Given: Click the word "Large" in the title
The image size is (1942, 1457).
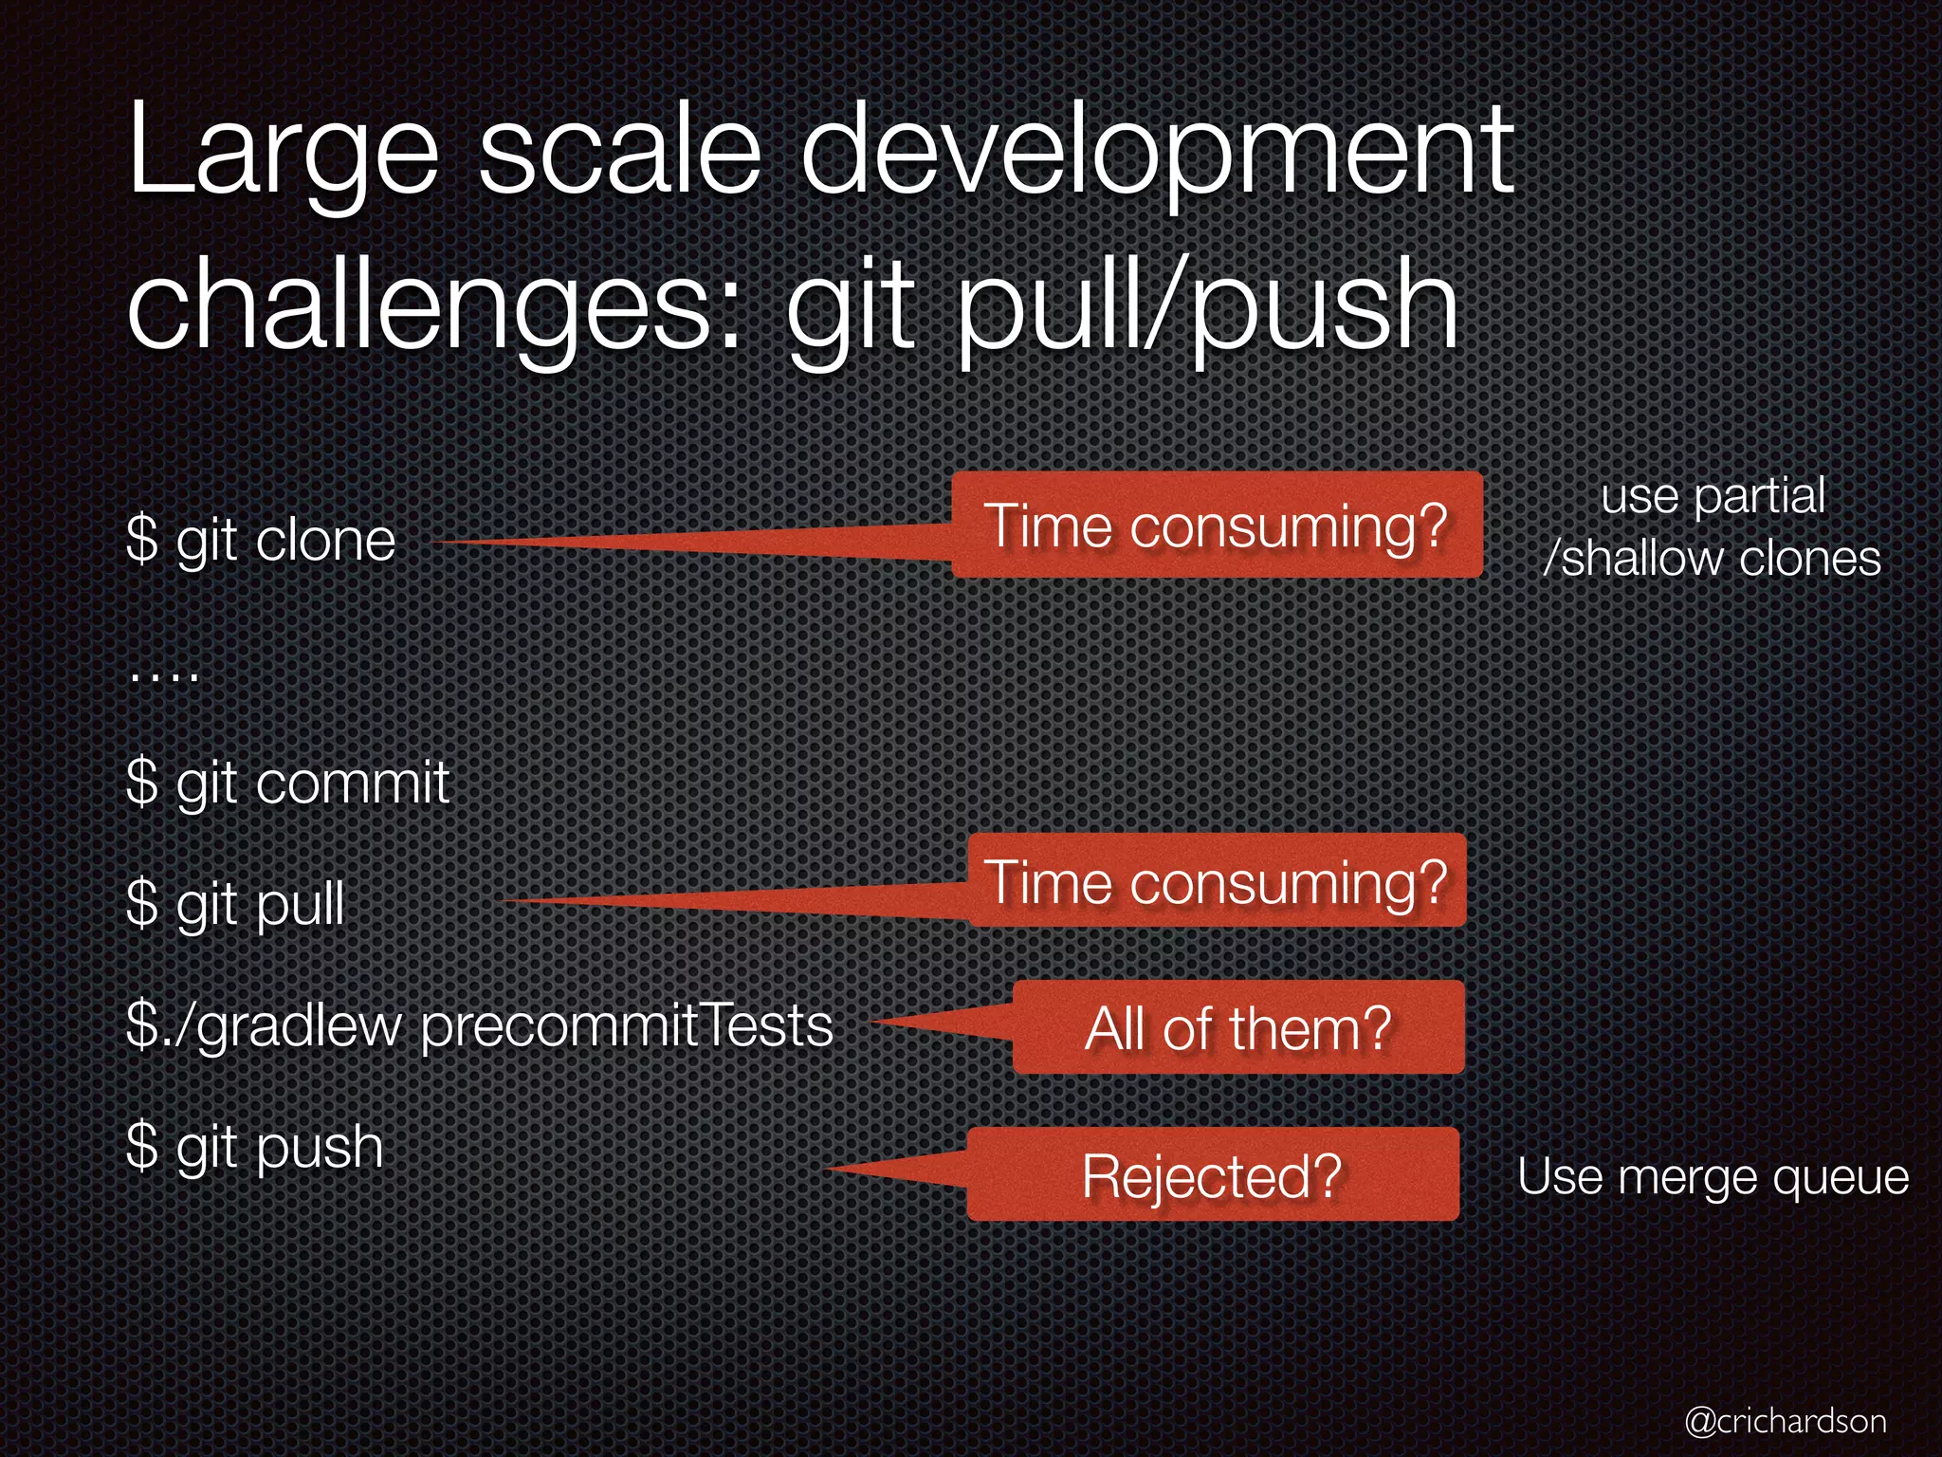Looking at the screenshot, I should tap(283, 152).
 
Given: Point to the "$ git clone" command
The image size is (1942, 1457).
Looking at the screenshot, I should tap(261, 542).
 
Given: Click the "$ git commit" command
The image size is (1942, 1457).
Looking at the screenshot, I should tap(287, 784).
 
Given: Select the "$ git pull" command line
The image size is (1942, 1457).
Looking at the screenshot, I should tap(235, 904).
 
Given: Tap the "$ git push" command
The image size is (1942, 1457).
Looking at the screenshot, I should tap(254, 1147).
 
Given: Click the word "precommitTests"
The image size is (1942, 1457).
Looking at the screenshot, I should tap(626, 1026).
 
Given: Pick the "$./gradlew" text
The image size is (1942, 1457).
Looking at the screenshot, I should tap(264, 1026).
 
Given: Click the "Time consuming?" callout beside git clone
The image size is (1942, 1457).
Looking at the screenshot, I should tap(1216, 525).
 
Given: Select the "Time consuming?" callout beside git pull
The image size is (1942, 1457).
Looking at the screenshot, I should tap(1216, 881).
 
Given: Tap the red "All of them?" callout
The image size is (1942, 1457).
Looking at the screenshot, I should tap(1237, 1027).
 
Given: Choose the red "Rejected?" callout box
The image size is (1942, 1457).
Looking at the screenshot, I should tap(1212, 1175).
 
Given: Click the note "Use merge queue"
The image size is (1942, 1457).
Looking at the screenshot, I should tap(1713, 1177).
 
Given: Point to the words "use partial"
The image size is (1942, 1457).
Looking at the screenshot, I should tap(1713, 496).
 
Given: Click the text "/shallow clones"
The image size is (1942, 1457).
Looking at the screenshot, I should tap(1712, 558).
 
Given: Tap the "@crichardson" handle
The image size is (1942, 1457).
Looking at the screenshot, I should tap(1786, 1420).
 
